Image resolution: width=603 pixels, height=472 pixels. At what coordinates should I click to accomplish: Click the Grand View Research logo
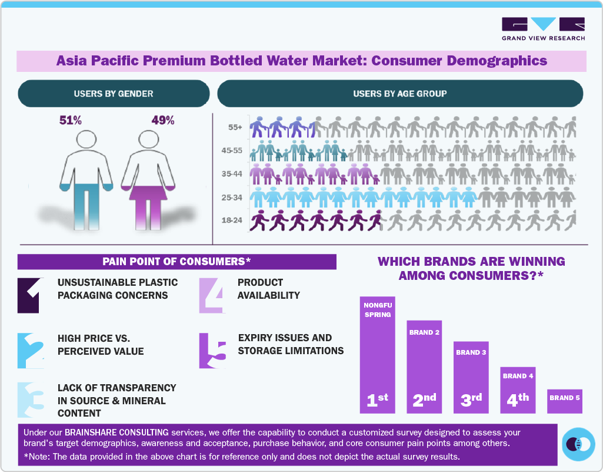(x=543, y=29)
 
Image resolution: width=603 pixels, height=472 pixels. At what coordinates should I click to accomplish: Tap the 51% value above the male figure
(x=71, y=121)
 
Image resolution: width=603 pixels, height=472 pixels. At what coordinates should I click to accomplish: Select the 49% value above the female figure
(x=163, y=121)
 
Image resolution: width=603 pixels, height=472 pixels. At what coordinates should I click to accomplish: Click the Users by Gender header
(x=114, y=94)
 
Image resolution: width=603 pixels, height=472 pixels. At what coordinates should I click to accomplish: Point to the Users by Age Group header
(x=399, y=94)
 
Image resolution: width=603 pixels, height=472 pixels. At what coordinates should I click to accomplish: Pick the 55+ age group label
(x=235, y=127)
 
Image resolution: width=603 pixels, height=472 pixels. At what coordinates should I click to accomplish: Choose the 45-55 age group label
(x=233, y=151)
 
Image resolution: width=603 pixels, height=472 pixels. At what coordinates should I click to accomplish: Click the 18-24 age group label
(x=233, y=221)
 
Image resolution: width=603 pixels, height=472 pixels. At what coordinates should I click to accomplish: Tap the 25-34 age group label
(x=233, y=197)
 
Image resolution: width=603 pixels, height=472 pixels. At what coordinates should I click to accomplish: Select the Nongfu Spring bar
(x=377, y=354)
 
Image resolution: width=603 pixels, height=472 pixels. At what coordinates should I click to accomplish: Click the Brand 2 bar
(x=425, y=365)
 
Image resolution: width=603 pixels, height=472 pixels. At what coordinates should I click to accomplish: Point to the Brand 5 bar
(x=565, y=401)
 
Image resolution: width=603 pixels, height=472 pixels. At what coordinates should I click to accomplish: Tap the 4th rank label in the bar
(x=518, y=400)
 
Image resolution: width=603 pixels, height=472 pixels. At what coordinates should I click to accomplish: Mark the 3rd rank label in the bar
(x=471, y=400)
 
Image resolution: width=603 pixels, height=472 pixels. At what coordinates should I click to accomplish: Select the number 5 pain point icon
(x=212, y=351)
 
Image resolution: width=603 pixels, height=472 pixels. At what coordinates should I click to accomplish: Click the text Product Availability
(x=269, y=289)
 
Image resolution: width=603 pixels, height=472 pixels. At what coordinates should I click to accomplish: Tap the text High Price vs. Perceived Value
(x=101, y=345)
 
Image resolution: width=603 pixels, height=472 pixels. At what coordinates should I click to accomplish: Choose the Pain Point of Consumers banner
(x=176, y=262)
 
